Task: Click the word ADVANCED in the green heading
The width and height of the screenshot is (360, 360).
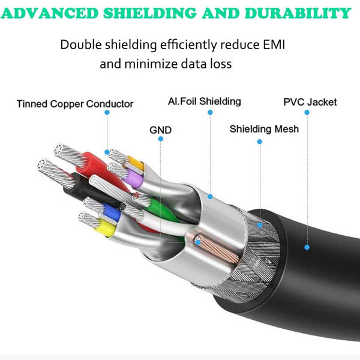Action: coord(50,13)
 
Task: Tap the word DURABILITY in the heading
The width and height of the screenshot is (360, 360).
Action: coord(298,13)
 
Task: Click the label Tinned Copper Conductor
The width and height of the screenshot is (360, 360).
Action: coord(75,104)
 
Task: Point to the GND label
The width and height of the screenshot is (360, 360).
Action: coord(160,130)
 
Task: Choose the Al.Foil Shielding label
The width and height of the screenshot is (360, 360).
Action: coord(205,101)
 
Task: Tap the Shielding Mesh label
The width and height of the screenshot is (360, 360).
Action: coord(264,129)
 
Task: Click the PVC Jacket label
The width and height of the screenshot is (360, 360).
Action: coord(310,102)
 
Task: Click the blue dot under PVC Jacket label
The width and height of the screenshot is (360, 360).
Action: coord(307,112)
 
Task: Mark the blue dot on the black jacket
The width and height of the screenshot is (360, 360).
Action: coord(307,247)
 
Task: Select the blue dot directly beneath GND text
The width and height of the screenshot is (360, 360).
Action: coord(161,139)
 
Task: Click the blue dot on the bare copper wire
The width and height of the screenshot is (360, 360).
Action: coord(197,242)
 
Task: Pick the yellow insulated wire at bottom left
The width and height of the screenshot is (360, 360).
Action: coord(106,227)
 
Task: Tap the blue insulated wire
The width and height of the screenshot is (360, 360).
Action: coord(112,212)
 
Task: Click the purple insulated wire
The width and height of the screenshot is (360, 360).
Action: coord(134,178)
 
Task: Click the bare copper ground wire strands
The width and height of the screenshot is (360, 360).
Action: coord(218,250)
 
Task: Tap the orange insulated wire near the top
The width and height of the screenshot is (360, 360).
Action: coord(136,163)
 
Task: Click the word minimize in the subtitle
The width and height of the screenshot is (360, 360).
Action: coord(151,64)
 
